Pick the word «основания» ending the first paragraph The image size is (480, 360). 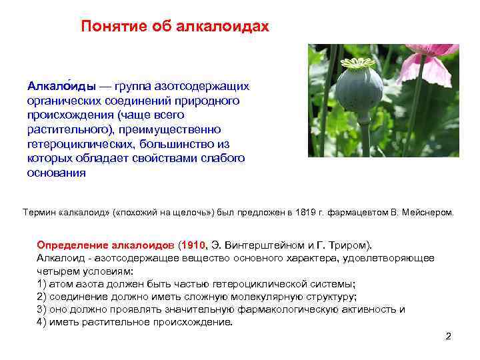(56, 173)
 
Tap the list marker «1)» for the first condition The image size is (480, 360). (42, 283)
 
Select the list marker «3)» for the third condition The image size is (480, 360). (42, 309)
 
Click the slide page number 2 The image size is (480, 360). (448, 336)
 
